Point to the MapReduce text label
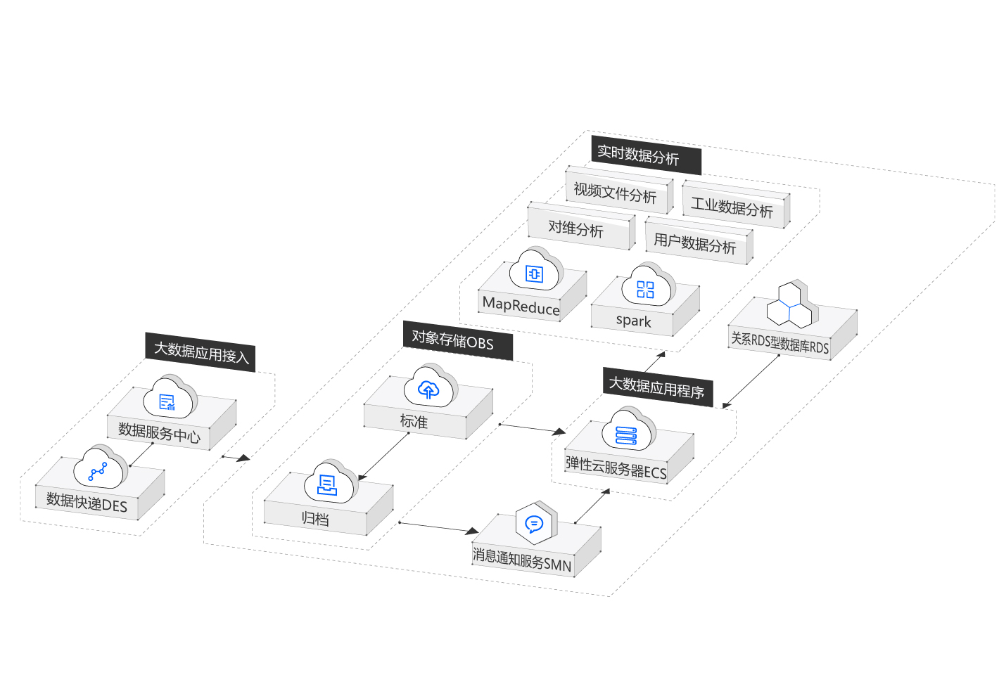[521, 306]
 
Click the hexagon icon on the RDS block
[790, 306]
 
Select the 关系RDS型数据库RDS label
[780, 342]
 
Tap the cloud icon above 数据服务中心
[170, 400]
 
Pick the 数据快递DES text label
[87, 502]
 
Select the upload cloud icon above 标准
[430, 388]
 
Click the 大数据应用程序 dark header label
[657, 387]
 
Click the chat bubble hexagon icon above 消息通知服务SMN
[535, 524]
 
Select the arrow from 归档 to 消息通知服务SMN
[440, 527]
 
